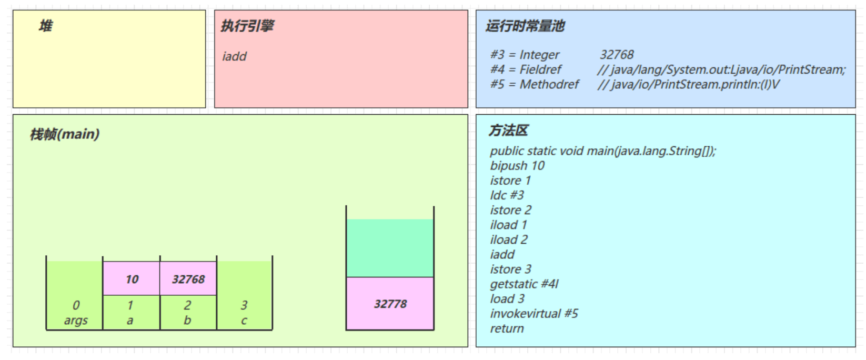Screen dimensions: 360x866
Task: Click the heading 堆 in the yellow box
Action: [x=45, y=26]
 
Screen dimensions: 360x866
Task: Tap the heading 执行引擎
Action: [x=247, y=26]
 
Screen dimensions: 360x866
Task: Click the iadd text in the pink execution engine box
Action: [x=234, y=56]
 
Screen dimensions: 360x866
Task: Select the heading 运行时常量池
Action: [x=525, y=26]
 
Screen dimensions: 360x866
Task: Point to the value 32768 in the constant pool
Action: [x=617, y=55]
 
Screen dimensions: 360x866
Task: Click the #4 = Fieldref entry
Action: [x=526, y=69]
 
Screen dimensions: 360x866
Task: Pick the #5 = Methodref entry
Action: [x=534, y=84]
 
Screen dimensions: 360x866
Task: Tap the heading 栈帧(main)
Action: [x=64, y=134]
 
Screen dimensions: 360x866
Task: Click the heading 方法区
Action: [x=508, y=130]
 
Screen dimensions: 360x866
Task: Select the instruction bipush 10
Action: [x=517, y=166]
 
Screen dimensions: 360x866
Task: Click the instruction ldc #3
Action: [x=507, y=195]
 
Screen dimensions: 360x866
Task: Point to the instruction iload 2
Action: [x=508, y=239]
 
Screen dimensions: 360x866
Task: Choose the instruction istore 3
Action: [x=510, y=269]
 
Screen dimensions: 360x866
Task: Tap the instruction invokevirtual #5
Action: [x=533, y=314]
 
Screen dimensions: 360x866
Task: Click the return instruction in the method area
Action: [x=507, y=328]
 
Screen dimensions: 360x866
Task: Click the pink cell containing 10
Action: [x=132, y=279]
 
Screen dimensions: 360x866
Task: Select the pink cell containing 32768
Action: [x=188, y=279]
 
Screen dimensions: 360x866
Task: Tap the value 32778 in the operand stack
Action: [x=390, y=304]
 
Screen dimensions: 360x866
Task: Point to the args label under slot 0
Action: [x=76, y=320]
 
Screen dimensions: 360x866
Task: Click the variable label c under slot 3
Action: [x=244, y=320]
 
